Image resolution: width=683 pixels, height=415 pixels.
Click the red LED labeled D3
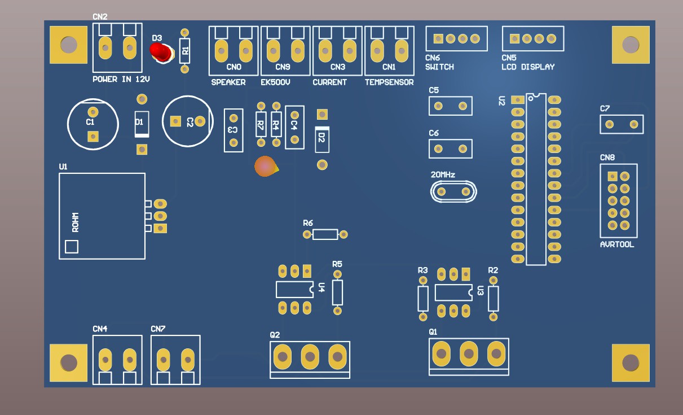[161, 52]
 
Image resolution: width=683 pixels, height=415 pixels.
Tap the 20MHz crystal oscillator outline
[453, 192]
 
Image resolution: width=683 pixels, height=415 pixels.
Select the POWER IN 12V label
[121, 80]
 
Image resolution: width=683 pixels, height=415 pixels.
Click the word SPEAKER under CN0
[228, 82]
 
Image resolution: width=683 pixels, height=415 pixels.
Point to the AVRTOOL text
[617, 245]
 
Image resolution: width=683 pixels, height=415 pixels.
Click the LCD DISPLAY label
[528, 67]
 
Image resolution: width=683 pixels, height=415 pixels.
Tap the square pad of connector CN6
[438, 38]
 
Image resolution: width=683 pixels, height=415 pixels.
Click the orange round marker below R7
[265, 167]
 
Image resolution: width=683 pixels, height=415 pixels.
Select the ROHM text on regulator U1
[76, 222]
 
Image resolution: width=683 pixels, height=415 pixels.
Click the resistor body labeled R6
[325, 234]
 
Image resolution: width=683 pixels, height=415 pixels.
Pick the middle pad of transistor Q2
[310, 356]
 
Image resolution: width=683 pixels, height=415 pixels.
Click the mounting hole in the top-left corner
[69, 45]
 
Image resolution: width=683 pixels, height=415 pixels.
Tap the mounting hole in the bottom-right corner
[631, 362]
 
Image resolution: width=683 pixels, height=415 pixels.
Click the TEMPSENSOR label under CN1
[389, 82]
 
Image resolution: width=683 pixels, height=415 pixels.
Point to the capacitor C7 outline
[622, 124]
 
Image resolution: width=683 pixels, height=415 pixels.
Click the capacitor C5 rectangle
[451, 106]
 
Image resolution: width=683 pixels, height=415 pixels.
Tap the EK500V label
[275, 82]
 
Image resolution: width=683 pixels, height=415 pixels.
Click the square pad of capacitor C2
[175, 121]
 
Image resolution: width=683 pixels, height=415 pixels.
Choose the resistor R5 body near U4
[338, 292]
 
